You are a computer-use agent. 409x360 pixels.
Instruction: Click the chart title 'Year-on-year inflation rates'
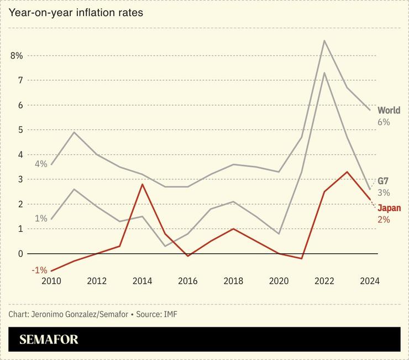(x=76, y=12)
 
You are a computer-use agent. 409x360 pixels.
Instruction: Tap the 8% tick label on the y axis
(x=16, y=56)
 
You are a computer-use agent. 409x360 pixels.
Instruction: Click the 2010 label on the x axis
(x=51, y=281)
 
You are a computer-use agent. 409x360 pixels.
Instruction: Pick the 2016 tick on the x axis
(x=187, y=281)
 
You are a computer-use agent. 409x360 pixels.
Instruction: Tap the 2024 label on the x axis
(x=369, y=281)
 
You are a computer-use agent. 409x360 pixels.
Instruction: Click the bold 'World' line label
(x=389, y=111)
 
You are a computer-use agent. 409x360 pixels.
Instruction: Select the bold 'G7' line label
(x=384, y=181)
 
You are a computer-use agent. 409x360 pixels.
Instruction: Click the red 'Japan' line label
(x=389, y=208)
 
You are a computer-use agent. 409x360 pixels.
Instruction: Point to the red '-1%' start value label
(x=39, y=270)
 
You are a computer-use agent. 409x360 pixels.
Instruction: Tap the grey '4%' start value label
(x=41, y=164)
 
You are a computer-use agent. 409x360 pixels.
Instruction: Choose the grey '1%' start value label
(x=41, y=218)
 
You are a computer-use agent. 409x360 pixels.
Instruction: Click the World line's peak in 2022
(x=324, y=40)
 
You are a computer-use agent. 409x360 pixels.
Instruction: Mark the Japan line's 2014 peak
(x=143, y=184)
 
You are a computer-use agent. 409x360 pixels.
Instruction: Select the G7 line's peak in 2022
(x=324, y=73)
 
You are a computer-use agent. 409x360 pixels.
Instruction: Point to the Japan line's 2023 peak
(x=347, y=172)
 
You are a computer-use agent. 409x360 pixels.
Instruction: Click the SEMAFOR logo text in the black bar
(x=49, y=340)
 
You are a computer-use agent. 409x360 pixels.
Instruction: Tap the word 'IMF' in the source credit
(x=170, y=314)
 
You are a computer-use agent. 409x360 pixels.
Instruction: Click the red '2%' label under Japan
(x=384, y=220)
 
